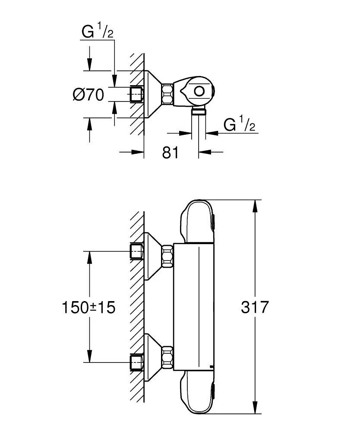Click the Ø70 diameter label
click(x=88, y=94)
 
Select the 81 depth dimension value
click(x=170, y=152)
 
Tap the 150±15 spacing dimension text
click(x=88, y=307)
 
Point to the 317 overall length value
click(x=255, y=307)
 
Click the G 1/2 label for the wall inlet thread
click(x=98, y=32)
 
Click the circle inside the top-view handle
click(x=199, y=92)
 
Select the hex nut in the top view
click(x=168, y=94)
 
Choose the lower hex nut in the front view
click(x=167, y=356)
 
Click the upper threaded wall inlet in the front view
click(x=136, y=251)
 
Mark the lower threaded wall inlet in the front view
click(x=136, y=362)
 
